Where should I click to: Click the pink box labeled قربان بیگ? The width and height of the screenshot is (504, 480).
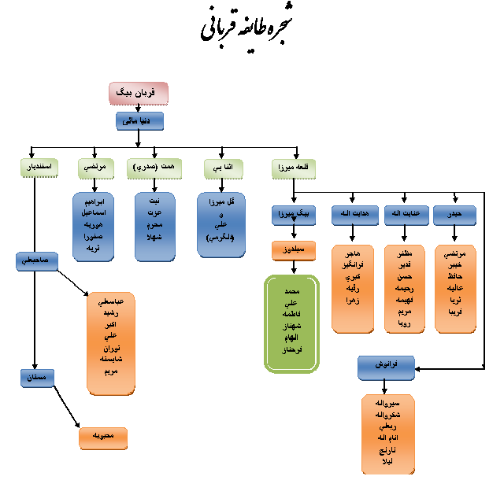click(139, 93)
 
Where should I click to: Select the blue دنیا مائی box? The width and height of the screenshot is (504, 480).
click(139, 121)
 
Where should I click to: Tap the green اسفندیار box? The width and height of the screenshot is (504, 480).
click(36, 168)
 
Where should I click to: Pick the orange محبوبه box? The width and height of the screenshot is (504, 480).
click(103, 438)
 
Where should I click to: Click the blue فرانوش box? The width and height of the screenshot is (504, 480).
click(386, 367)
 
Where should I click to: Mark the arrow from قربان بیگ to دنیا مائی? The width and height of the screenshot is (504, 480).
click(139, 108)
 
